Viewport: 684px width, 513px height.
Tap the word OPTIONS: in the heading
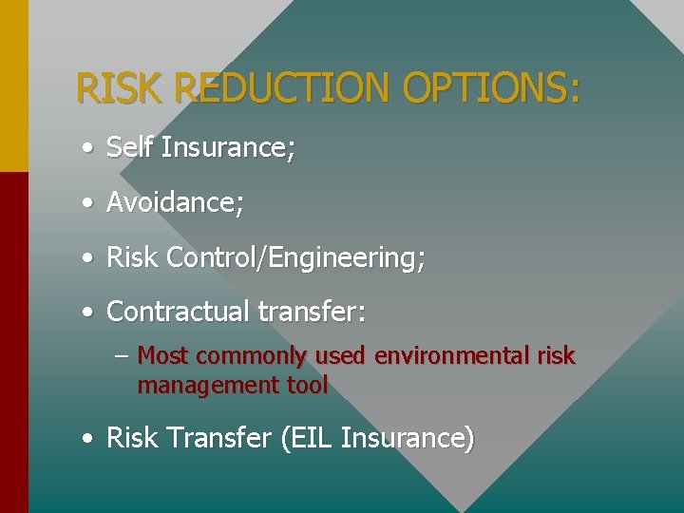point(491,88)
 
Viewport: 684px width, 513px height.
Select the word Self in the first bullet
point(129,147)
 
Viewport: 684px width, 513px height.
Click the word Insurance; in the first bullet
point(228,147)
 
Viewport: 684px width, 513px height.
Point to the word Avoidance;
point(175,202)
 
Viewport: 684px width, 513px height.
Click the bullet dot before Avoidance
point(87,203)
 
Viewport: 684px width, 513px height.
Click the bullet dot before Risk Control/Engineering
point(87,258)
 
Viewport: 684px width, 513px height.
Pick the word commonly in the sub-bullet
point(252,356)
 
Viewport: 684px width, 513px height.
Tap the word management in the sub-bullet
point(195,385)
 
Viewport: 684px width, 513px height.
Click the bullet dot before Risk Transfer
point(87,439)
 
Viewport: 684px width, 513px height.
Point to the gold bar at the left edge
point(13,85)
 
